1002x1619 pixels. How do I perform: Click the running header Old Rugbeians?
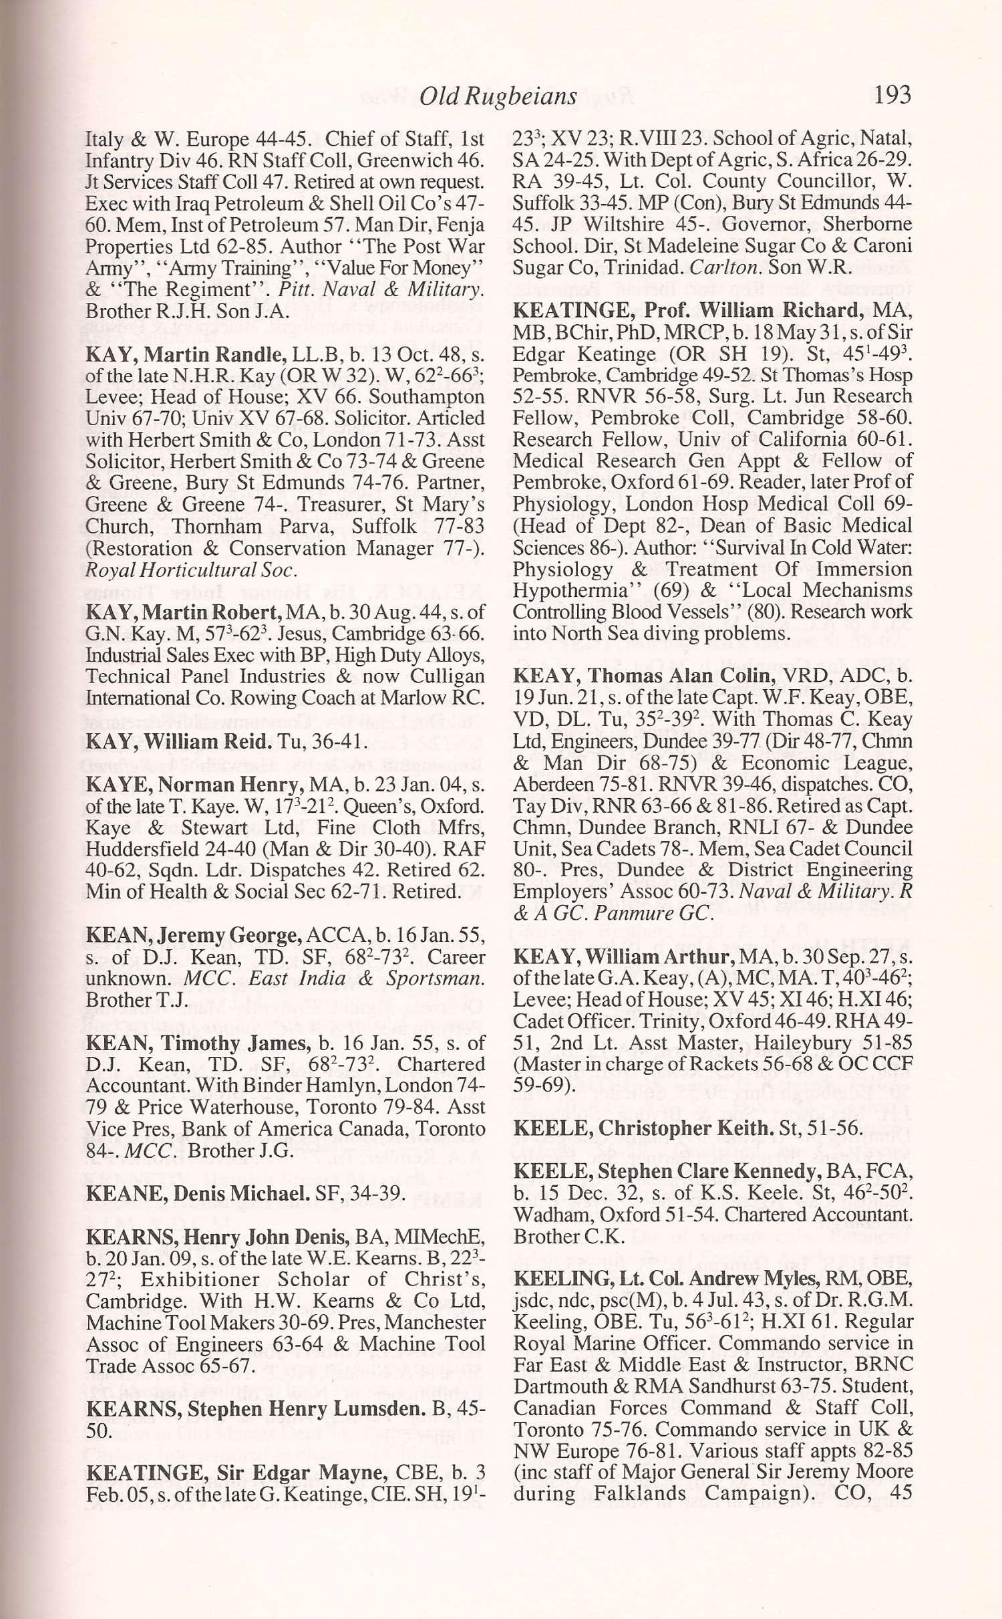click(x=498, y=97)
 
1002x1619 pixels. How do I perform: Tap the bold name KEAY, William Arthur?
click(x=625, y=957)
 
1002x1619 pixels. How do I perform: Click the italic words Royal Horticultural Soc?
click(x=190, y=570)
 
